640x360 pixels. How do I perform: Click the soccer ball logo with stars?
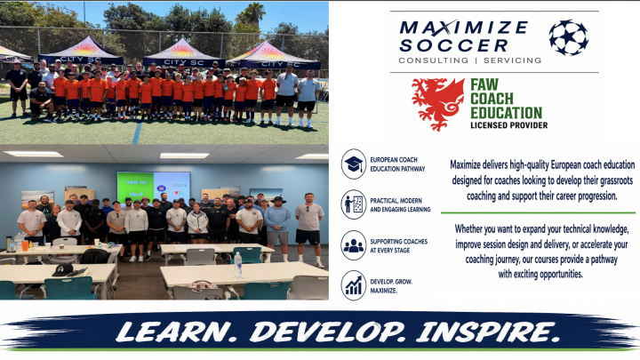pos(569,37)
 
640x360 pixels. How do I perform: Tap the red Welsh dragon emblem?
pos(438,105)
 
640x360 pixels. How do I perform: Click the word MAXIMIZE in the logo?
pos(464,28)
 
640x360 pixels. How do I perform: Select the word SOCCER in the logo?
pos(453,45)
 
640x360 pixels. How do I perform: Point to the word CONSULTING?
pos(434,60)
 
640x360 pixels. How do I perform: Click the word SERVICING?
pos(513,60)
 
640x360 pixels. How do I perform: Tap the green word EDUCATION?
pos(506,113)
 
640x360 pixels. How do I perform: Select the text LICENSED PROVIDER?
pos(509,125)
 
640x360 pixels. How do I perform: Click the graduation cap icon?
pos(354,164)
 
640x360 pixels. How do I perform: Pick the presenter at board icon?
pos(354,204)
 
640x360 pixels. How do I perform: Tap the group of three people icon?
pos(354,245)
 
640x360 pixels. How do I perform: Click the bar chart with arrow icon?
pos(354,285)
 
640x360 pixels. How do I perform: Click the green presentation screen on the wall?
pos(154,188)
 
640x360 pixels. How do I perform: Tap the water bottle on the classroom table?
pos(238,265)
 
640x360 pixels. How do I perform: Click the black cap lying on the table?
pos(63,270)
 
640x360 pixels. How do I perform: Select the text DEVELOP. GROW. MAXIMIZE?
pos(391,286)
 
